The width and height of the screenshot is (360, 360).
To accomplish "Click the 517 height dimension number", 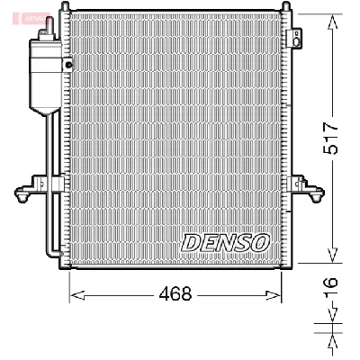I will click(330, 137).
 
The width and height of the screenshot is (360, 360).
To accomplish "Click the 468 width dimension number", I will click(176, 293).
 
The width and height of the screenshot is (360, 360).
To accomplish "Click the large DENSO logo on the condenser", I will click(225, 242).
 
